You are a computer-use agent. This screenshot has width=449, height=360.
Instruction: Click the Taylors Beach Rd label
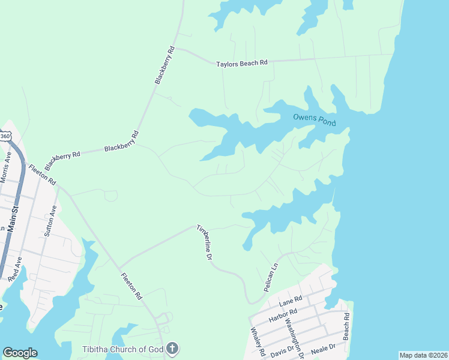pyautogui.click(x=242, y=62)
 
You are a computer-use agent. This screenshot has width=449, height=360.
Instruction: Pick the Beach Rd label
pyautogui.click(x=346, y=326)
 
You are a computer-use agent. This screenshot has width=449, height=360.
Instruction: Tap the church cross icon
pyautogui.click(x=172, y=348)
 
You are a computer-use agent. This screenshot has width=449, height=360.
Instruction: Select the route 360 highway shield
pyautogui.click(x=5, y=136)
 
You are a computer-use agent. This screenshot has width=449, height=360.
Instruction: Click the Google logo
pyautogui.click(x=20, y=353)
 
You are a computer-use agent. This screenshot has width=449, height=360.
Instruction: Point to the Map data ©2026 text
pyautogui.click(x=423, y=355)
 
